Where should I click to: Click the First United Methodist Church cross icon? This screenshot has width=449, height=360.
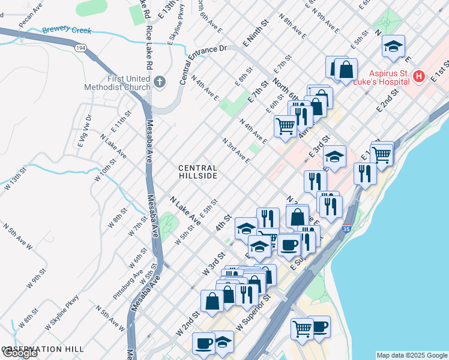click(x=159, y=81)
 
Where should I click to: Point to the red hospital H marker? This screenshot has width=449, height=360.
click(x=419, y=77)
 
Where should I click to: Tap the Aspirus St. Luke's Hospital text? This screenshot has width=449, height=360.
click(x=384, y=77)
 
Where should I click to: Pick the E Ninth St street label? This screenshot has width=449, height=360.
click(x=254, y=36)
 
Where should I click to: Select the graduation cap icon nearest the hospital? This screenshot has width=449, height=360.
click(x=394, y=46)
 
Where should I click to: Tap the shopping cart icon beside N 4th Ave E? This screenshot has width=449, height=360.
click(x=286, y=125)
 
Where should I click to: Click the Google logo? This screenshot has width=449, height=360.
click(x=20, y=353)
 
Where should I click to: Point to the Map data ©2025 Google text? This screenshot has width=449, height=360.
click(x=411, y=355)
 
